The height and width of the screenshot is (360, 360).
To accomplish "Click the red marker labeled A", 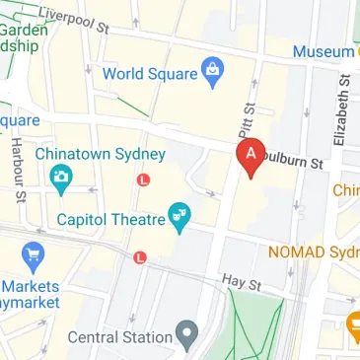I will [251, 157].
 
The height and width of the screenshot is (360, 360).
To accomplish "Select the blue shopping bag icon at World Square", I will [211, 69].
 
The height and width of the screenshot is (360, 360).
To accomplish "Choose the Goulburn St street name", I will [296, 160].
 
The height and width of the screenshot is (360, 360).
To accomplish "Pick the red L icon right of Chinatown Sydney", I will [144, 180].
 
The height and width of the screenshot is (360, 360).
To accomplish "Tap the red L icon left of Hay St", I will [139, 257].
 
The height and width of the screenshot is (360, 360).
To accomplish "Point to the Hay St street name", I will [240, 284].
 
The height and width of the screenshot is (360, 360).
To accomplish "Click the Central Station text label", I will [119, 337].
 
